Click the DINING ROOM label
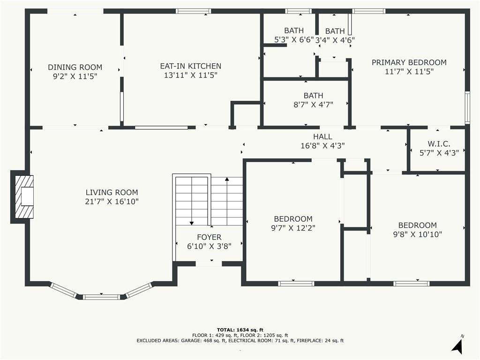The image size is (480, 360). point(75,67)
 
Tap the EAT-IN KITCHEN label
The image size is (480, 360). point(191,66)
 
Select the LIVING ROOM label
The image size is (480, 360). point(112,192)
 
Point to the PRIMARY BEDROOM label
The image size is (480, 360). point(409,62)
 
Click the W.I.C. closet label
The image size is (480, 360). point(439,144)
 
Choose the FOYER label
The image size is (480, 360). point(209,237)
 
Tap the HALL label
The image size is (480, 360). point(322,136)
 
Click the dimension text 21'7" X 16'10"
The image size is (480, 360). point(112,202)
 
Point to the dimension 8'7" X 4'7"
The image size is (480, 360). point(313,105)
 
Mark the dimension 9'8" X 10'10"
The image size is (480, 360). point(418,234)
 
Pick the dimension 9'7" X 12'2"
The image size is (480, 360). point(293,228)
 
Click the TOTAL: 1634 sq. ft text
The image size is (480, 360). point(240,330)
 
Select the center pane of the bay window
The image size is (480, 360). point(102,297)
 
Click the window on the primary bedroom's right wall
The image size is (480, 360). point(467,107)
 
